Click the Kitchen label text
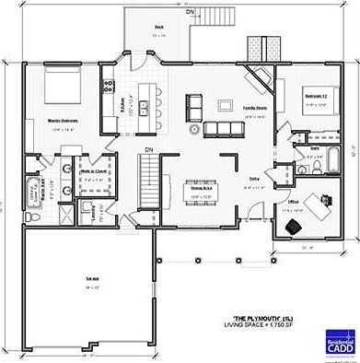point(123,100)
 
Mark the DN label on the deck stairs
point(190,15)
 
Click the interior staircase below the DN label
point(147,172)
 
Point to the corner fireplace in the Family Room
point(263,79)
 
